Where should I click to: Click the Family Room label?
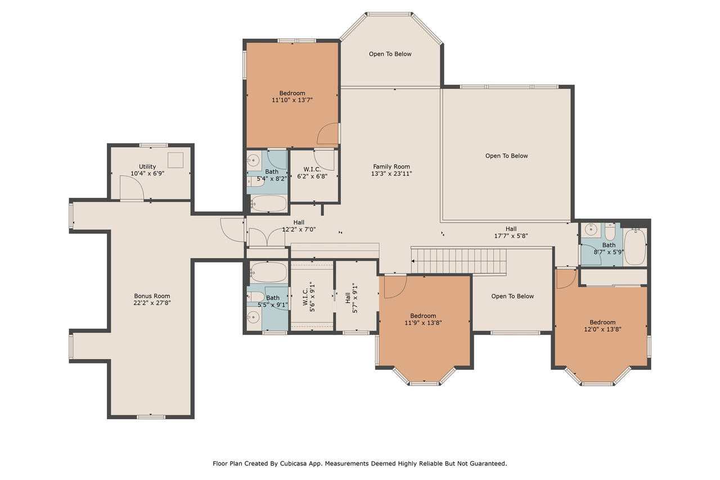[391, 166]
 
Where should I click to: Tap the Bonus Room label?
[152, 296]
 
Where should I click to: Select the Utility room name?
[147, 166]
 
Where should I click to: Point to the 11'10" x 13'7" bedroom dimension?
[292, 100]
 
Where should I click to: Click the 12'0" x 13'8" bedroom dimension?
[602, 329]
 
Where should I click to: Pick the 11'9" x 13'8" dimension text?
[423, 323]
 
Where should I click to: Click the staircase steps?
[459, 261]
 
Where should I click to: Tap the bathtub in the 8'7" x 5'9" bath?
[635, 247]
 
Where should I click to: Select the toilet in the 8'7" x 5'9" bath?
[610, 232]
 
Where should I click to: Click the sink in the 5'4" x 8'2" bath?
[254, 160]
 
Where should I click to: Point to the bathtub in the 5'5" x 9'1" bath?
[268, 272]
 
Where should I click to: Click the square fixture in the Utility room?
[175, 160]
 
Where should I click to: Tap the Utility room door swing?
[132, 187]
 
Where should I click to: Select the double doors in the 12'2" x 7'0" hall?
[267, 237]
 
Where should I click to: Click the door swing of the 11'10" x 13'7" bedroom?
[327, 133]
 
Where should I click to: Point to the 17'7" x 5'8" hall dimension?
[511, 236]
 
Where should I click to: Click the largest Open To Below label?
[506, 156]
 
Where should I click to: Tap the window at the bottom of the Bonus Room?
[151, 417]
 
